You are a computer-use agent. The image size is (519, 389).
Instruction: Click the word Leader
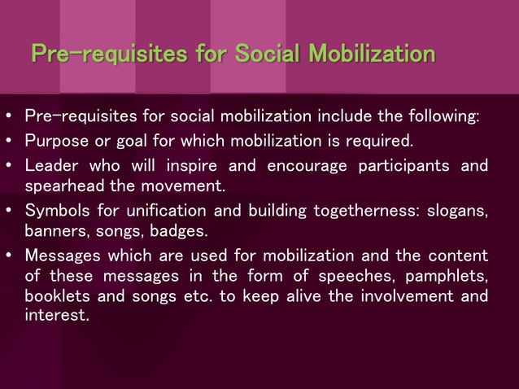(x=50, y=166)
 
